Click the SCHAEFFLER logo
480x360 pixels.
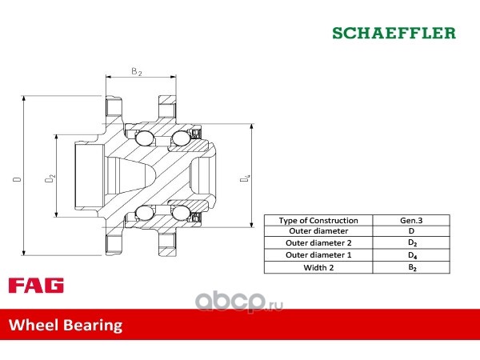pos(394,33)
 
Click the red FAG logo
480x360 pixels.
pos(36,286)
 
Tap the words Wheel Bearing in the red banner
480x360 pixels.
pos(66,325)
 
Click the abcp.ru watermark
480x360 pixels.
pos(239,302)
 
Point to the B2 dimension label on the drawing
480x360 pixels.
pos(137,72)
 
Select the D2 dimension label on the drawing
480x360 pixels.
pos(50,178)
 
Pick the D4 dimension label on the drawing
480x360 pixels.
pos(245,178)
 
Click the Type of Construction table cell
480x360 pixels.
pos(318,221)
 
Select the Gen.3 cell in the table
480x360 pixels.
pos(411,221)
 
